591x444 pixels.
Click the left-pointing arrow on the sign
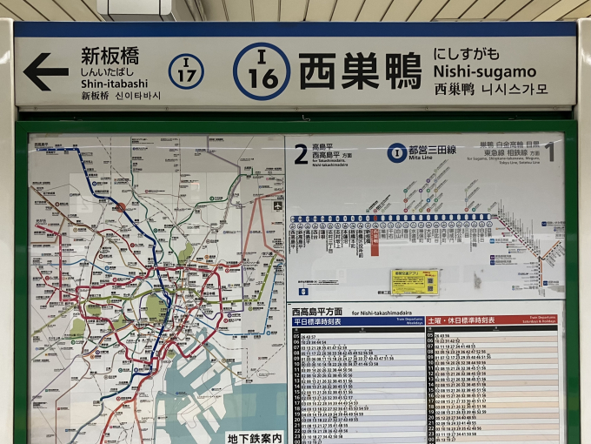[x=45, y=71]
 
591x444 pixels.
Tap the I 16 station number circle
[x=262, y=71]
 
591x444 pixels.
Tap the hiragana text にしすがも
[x=475, y=54]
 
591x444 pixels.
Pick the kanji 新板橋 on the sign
[x=110, y=57]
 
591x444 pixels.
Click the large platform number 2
[x=301, y=155]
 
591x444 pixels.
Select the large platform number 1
[x=549, y=153]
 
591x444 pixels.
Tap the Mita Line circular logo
[x=397, y=153]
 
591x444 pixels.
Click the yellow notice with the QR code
[x=415, y=281]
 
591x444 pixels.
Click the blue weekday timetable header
[x=355, y=320]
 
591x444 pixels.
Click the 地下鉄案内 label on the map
[x=255, y=437]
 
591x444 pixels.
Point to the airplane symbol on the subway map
[x=277, y=206]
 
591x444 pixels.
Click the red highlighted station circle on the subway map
[x=120, y=207]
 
